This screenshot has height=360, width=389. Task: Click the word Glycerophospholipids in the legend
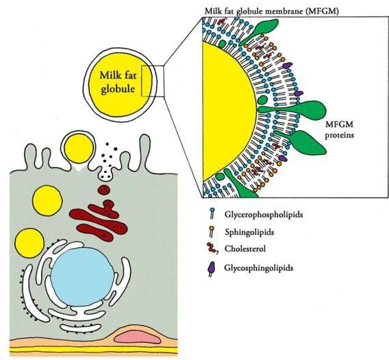pos(264,214)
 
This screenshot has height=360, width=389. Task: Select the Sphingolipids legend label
pos(249,232)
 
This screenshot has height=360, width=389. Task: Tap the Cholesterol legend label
pos(245,248)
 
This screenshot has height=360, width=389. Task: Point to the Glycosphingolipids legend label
pos(259,268)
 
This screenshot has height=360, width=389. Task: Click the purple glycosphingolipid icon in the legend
pos(211,269)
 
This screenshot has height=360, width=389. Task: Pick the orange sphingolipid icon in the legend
pos(212,231)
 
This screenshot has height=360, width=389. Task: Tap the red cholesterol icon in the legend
pos(212,248)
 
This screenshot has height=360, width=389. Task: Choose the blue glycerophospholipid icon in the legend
pos(212,214)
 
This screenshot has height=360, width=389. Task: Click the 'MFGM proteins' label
pos(340,129)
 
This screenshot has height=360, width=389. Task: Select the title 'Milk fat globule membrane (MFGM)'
pos(271,12)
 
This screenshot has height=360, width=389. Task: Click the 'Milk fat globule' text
pos(118,82)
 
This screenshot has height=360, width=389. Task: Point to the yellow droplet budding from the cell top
pos(79,149)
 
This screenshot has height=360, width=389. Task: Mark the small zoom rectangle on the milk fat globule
pos(153,81)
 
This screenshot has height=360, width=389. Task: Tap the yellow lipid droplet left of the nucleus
pos(29,244)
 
